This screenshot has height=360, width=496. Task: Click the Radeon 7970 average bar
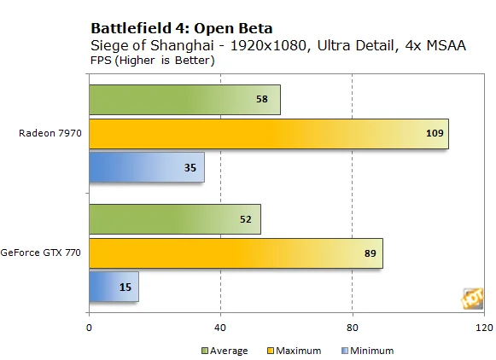(x=184, y=100)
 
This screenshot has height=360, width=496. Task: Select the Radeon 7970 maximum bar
(x=269, y=134)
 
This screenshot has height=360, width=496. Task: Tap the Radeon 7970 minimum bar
(x=147, y=167)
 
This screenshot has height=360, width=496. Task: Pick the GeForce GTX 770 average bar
(x=175, y=219)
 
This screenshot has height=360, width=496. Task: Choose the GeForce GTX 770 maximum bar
(x=236, y=253)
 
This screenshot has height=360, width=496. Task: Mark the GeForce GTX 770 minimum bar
(x=114, y=287)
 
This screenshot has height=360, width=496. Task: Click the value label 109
(x=435, y=133)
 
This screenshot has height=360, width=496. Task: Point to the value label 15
(x=125, y=287)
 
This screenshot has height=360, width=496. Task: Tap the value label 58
(x=262, y=99)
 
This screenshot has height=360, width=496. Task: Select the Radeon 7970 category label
(x=50, y=133)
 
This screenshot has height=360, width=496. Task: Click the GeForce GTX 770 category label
(x=40, y=253)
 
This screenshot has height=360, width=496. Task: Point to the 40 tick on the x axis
(x=220, y=328)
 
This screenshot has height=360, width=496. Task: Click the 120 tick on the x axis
(x=484, y=328)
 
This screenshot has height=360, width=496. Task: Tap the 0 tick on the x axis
(x=89, y=328)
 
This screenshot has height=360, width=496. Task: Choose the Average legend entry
(x=225, y=351)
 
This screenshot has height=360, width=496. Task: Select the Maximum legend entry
(x=295, y=351)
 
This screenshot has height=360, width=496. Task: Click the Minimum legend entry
(x=368, y=351)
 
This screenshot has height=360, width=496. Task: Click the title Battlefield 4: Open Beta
(x=182, y=28)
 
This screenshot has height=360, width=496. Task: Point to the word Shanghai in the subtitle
(x=182, y=45)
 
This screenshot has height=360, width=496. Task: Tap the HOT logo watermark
(x=473, y=299)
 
